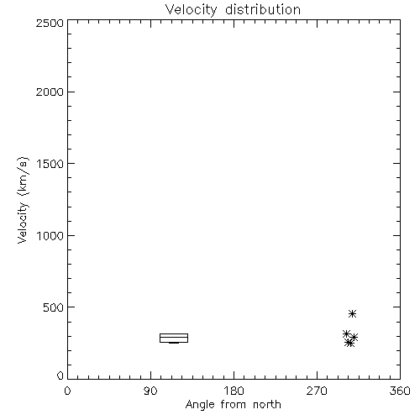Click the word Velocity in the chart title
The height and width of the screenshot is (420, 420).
(x=191, y=10)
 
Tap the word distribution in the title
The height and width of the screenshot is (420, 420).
(x=263, y=9)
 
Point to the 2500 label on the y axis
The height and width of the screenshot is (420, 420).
(x=50, y=23)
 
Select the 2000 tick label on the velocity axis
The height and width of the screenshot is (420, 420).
(x=50, y=92)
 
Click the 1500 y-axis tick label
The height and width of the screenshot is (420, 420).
(x=50, y=164)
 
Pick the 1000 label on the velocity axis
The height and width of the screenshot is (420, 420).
(x=50, y=236)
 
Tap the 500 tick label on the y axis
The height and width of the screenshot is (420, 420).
(x=54, y=307)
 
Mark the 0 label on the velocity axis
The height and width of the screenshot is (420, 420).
(x=60, y=375)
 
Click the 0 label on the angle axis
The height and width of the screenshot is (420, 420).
(x=67, y=391)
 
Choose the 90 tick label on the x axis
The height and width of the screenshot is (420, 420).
(x=150, y=391)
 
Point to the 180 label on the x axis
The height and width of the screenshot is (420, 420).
(x=234, y=391)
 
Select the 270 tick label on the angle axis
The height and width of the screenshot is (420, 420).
(x=317, y=391)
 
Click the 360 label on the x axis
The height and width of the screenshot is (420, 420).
(x=400, y=391)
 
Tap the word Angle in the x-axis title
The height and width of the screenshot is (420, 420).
(x=200, y=406)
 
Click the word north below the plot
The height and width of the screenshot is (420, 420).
(x=267, y=405)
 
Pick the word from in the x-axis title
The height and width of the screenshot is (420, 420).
(x=234, y=405)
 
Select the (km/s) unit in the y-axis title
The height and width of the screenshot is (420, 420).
(x=23, y=176)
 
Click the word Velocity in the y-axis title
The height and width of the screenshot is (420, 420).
(x=23, y=223)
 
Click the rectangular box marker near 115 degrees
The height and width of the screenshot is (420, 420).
(x=174, y=333)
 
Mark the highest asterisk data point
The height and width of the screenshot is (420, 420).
(x=353, y=313)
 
